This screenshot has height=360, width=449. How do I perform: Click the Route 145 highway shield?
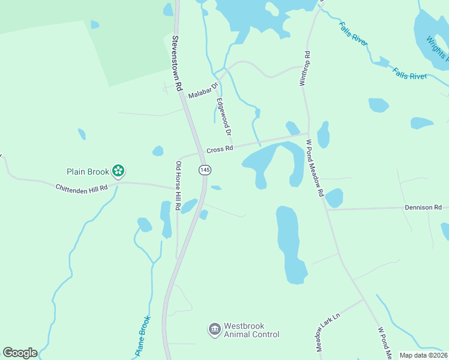coord(205,170)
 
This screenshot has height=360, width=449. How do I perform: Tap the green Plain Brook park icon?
coord(118,172)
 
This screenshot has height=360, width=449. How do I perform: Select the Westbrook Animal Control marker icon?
coord(214,329)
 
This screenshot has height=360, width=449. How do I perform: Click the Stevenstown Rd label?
coord(176,63)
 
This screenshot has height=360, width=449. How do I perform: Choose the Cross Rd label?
coord(219,149)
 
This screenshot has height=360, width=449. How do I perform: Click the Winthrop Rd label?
coord(306,68)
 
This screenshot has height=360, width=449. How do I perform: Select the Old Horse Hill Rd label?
coord(178,185)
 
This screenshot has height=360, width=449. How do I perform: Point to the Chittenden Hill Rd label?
coord(82,188)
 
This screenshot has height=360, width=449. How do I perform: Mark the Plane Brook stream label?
coord(142,336)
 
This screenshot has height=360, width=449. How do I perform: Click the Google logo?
coord(20,353)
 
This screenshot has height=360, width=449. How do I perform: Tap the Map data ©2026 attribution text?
coord(424,355)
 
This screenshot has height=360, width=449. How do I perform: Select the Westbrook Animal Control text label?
coord(251,331)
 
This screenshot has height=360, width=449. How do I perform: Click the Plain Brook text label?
coord(87,172)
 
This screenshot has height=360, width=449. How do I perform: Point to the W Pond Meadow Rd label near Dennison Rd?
coord(315,169)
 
